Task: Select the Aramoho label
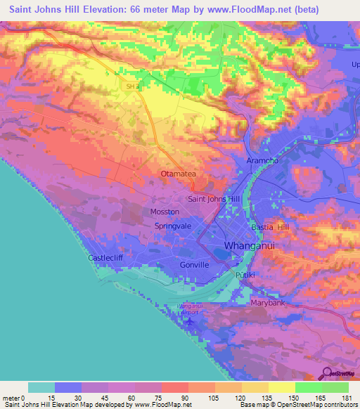(263, 161)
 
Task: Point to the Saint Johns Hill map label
(215, 199)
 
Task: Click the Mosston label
(165, 212)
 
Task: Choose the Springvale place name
(173, 226)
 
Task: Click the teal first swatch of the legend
(41, 387)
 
